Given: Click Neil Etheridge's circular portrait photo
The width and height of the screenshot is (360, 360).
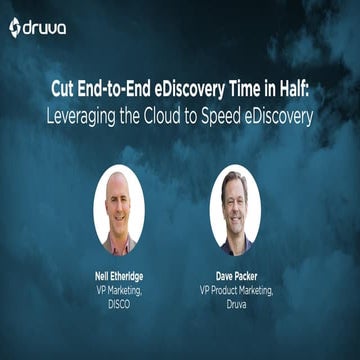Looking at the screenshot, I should (x=119, y=210).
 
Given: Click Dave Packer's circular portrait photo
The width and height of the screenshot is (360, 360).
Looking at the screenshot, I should (x=236, y=210).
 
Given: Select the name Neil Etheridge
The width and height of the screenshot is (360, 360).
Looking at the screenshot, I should (x=119, y=272).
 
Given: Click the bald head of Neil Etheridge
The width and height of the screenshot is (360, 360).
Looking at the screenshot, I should (x=118, y=184).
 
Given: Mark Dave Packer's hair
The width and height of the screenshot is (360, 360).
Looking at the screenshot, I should (x=234, y=180).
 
